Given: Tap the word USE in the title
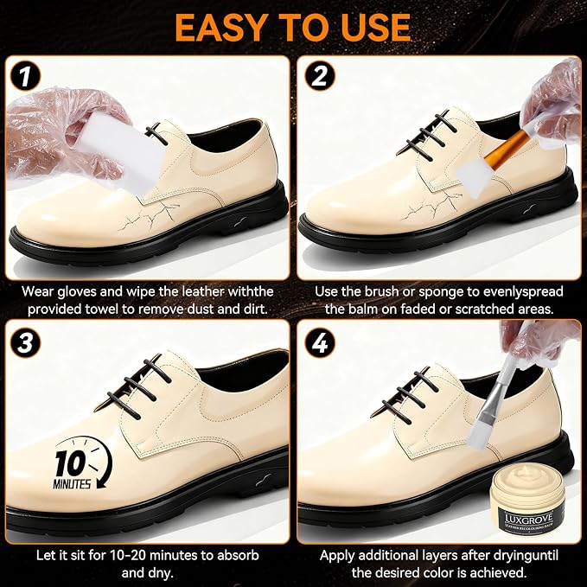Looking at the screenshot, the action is [x=376, y=28].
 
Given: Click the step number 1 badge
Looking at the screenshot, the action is [x=25, y=77].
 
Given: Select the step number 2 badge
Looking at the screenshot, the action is [x=319, y=76].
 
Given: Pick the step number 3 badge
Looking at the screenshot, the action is [x=25, y=342].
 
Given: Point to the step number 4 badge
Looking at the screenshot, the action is [x=319, y=342].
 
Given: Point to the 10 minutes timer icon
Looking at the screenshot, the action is [x=82, y=463].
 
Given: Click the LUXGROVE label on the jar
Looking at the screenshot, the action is [x=528, y=519].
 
